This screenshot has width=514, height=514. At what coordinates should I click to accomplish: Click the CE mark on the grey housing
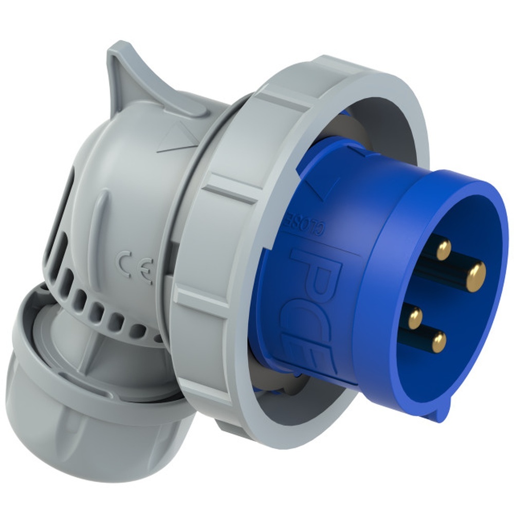(x=135, y=267)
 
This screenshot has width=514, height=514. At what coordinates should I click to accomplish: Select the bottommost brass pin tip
(x=438, y=341)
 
